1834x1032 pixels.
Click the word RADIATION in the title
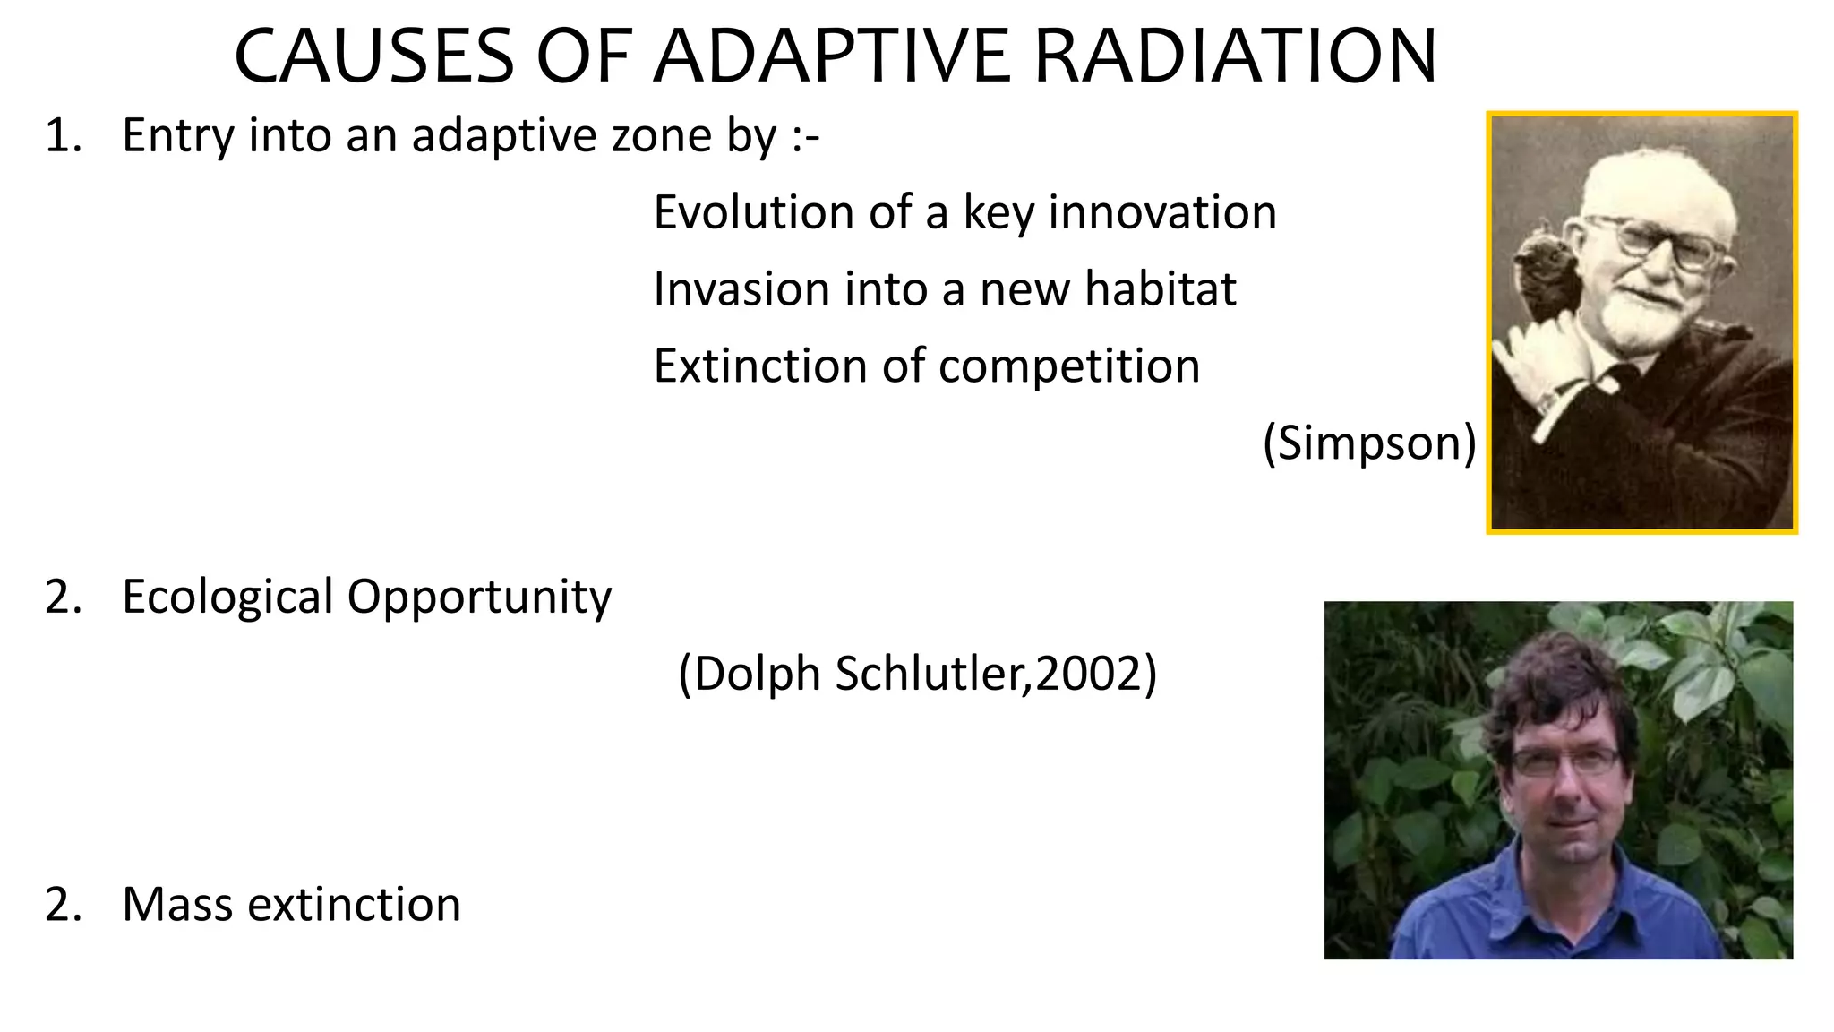coord(1235,57)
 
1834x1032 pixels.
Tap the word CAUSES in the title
coord(373,57)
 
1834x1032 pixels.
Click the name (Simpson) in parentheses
coord(1369,443)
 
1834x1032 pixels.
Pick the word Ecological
coord(227,597)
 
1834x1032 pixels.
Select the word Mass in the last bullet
coord(177,904)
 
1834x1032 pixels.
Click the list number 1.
coord(61,136)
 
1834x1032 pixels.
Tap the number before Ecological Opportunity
coord(61,597)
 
